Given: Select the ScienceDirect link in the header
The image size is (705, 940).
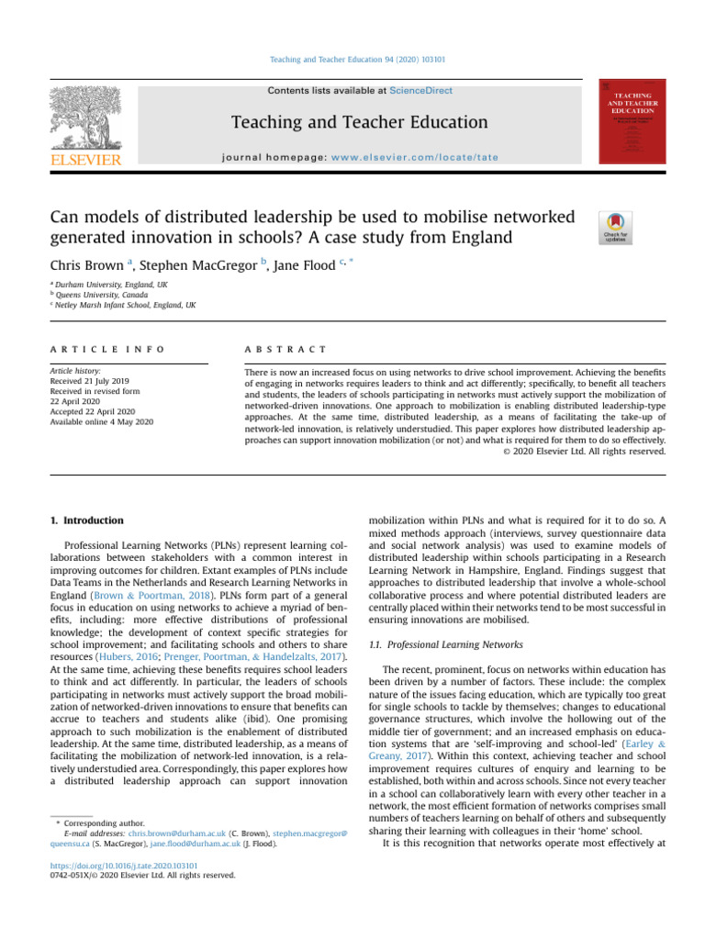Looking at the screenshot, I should click(420, 91).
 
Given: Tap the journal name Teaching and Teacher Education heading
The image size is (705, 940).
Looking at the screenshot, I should click(359, 122).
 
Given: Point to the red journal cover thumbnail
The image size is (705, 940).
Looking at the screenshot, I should click(632, 121).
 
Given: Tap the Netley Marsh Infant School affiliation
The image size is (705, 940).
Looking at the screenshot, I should click(126, 305).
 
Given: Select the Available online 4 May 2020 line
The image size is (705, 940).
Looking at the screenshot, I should click(101, 421).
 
